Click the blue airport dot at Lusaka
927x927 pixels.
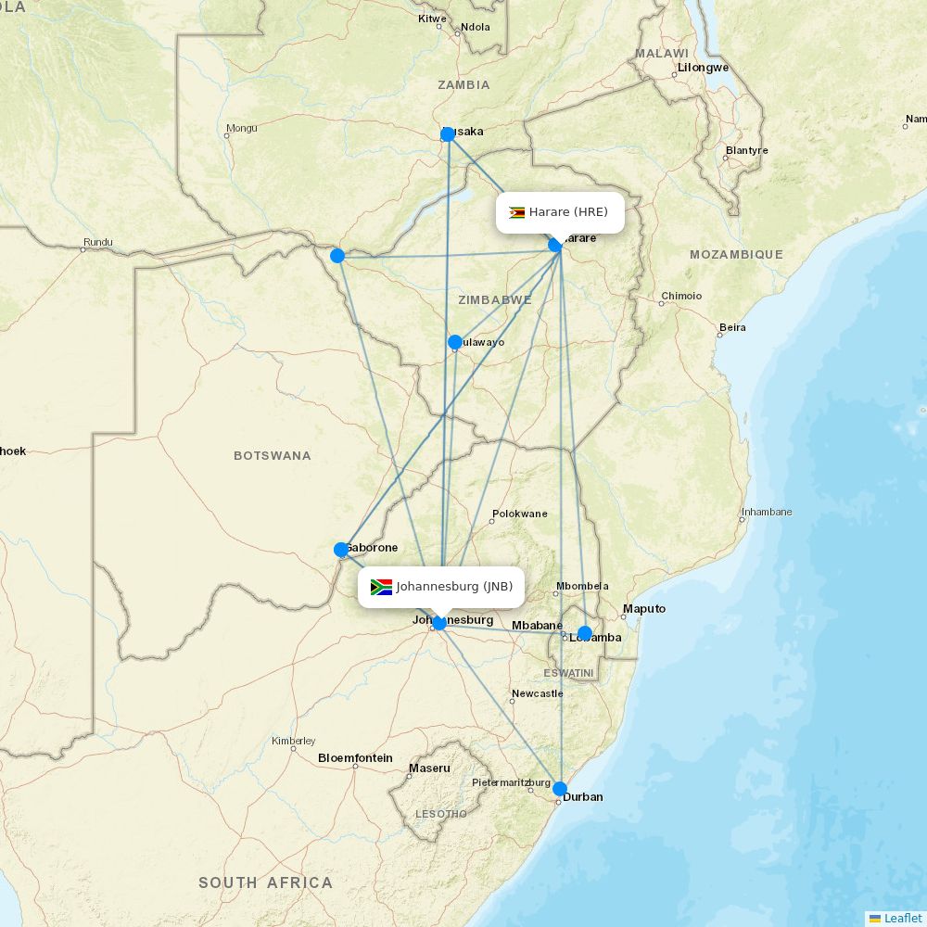click(448, 134)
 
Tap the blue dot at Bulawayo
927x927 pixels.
click(455, 342)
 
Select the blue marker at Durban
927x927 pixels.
click(560, 789)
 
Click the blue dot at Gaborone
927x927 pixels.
click(341, 550)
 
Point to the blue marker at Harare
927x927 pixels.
click(555, 245)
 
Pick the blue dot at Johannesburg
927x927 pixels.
click(439, 623)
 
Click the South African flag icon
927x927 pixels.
click(381, 587)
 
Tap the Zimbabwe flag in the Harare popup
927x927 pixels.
click(517, 212)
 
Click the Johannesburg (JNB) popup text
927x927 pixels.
click(454, 587)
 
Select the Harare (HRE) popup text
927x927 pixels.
click(568, 212)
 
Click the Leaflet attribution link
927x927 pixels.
click(902, 918)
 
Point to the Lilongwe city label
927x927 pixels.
click(704, 68)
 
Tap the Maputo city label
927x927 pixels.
click(644, 609)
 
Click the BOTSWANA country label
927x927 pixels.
click(273, 456)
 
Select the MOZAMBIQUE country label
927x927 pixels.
click(736, 254)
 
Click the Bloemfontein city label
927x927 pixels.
click(355, 758)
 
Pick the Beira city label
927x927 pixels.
click(732, 327)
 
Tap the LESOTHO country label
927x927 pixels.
click(441, 814)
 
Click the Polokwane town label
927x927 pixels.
click(520, 514)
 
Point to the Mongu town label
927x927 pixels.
click(242, 128)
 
